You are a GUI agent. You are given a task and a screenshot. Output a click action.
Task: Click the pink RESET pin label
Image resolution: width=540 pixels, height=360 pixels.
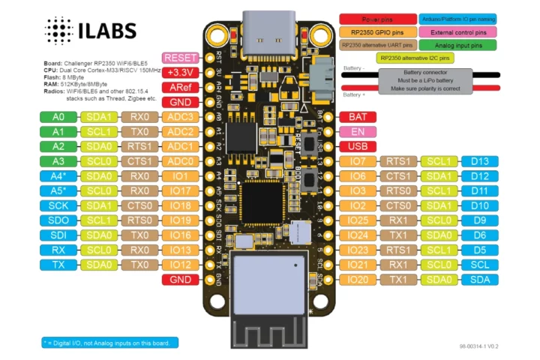point(180,58)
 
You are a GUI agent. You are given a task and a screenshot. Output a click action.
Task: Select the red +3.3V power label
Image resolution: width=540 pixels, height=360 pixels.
point(180,73)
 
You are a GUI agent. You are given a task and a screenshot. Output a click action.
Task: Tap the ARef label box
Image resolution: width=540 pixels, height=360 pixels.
point(180,88)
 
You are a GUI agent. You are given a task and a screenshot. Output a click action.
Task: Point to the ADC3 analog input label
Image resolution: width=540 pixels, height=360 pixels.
point(180,117)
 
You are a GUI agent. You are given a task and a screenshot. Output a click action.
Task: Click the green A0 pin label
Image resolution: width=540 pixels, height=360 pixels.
point(58,117)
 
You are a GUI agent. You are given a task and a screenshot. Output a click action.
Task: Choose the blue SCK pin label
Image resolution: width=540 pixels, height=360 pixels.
point(58,205)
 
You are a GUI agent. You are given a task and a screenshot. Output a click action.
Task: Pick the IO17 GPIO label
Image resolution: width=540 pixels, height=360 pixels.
point(180,190)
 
